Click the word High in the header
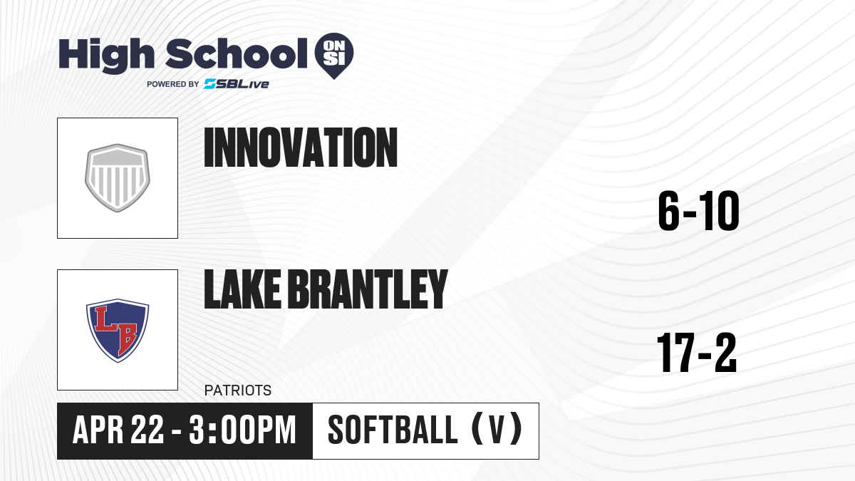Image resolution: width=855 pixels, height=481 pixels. click(106, 55)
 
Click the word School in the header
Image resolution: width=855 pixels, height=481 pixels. click(237, 53)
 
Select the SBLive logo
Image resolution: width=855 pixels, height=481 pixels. click(237, 84)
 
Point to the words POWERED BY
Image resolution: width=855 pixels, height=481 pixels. click(173, 84)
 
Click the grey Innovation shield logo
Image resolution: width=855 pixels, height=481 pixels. click(117, 177)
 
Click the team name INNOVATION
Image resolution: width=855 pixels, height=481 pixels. click(301, 148)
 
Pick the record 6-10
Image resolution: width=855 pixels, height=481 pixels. click(698, 211)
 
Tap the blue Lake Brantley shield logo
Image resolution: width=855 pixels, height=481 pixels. click(118, 330)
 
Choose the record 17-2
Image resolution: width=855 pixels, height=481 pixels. click(697, 352)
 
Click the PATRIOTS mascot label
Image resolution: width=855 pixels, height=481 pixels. click(238, 391)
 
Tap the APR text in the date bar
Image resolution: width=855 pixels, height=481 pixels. click(98, 430)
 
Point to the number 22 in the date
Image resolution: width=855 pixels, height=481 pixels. click(147, 430)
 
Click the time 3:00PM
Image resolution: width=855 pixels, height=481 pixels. click(243, 430)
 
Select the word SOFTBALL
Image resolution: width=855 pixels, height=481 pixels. click(393, 430)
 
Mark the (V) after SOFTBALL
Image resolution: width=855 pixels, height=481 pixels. click(497, 430)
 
